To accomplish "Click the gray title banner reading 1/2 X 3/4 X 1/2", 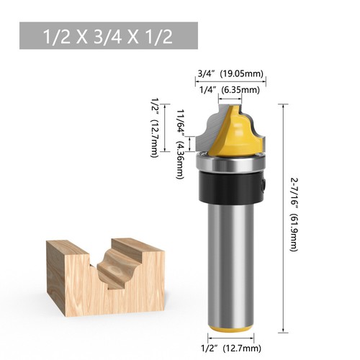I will [x=109, y=35].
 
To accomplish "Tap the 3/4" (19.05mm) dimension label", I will [x=231, y=72].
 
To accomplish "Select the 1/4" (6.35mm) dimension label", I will [x=231, y=89].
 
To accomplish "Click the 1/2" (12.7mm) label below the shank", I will [x=231, y=349].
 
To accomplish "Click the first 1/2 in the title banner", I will [x=55, y=36].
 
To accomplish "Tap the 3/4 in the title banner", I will [x=109, y=36].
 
